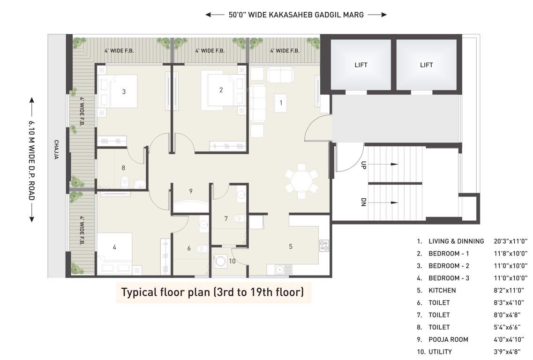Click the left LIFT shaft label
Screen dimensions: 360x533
(x=360, y=65)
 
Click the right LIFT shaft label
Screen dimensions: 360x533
(x=426, y=65)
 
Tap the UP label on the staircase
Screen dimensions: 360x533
(x=363, y=165)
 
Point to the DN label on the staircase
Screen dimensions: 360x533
(x=363, y=202)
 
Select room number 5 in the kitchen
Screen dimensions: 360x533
(x=291, y=246)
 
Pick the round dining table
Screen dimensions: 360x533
(x=300, y=180)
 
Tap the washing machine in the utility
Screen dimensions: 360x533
(x=219, y=262)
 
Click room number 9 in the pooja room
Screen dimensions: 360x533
(x=191, y=191)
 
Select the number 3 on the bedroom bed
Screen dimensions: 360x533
(x=124, y=92)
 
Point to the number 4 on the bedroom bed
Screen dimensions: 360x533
(x=114, y=247)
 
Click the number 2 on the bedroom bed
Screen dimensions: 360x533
(x=221, y=90)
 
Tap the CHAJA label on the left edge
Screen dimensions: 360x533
(x=56, y=150)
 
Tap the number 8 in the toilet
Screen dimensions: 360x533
(x=123, y=167)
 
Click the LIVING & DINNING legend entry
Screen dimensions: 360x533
(x=456, y=241)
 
